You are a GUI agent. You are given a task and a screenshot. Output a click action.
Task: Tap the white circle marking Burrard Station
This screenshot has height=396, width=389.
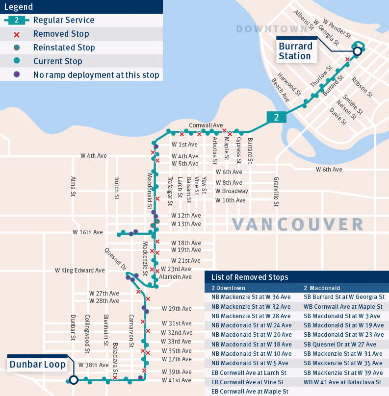coord(358,50)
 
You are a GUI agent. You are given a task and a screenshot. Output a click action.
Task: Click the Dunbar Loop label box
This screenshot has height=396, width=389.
coord(37,365)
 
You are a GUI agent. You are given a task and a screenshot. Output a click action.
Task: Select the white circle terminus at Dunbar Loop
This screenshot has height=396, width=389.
coord(73,379)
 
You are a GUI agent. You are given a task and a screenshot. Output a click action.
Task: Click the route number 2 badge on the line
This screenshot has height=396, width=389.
coord(276,117)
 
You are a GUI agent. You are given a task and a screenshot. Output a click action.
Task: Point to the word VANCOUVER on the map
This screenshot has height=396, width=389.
coord(298,224)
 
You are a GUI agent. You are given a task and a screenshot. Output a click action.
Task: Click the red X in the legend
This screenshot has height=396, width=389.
coord(17,34)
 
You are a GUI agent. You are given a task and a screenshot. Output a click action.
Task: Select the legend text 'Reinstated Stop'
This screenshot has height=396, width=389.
coord(64,48)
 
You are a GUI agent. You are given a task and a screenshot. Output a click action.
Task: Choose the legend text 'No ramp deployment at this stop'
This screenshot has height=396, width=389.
coord(96,75)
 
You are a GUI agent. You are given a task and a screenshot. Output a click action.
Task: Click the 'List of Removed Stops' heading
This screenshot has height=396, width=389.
coord(250,277)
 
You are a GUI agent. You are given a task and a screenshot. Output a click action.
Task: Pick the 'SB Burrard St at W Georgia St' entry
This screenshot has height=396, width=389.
coord(343,297)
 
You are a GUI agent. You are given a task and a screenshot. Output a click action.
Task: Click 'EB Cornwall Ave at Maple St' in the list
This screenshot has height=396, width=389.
coord(249,391)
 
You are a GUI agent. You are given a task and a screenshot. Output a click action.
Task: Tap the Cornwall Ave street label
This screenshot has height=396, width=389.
coord(206,125)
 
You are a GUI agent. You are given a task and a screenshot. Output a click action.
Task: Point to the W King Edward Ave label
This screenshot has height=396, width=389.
coord(79,270)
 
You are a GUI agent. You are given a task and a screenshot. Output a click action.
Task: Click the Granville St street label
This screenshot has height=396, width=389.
coord(276,191)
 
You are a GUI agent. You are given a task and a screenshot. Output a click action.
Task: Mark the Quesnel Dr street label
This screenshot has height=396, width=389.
coord(116,258)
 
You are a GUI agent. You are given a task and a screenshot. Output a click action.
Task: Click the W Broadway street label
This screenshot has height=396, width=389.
coord(232,191)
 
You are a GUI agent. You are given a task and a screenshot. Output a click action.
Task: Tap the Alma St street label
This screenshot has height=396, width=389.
coord(73,187)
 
